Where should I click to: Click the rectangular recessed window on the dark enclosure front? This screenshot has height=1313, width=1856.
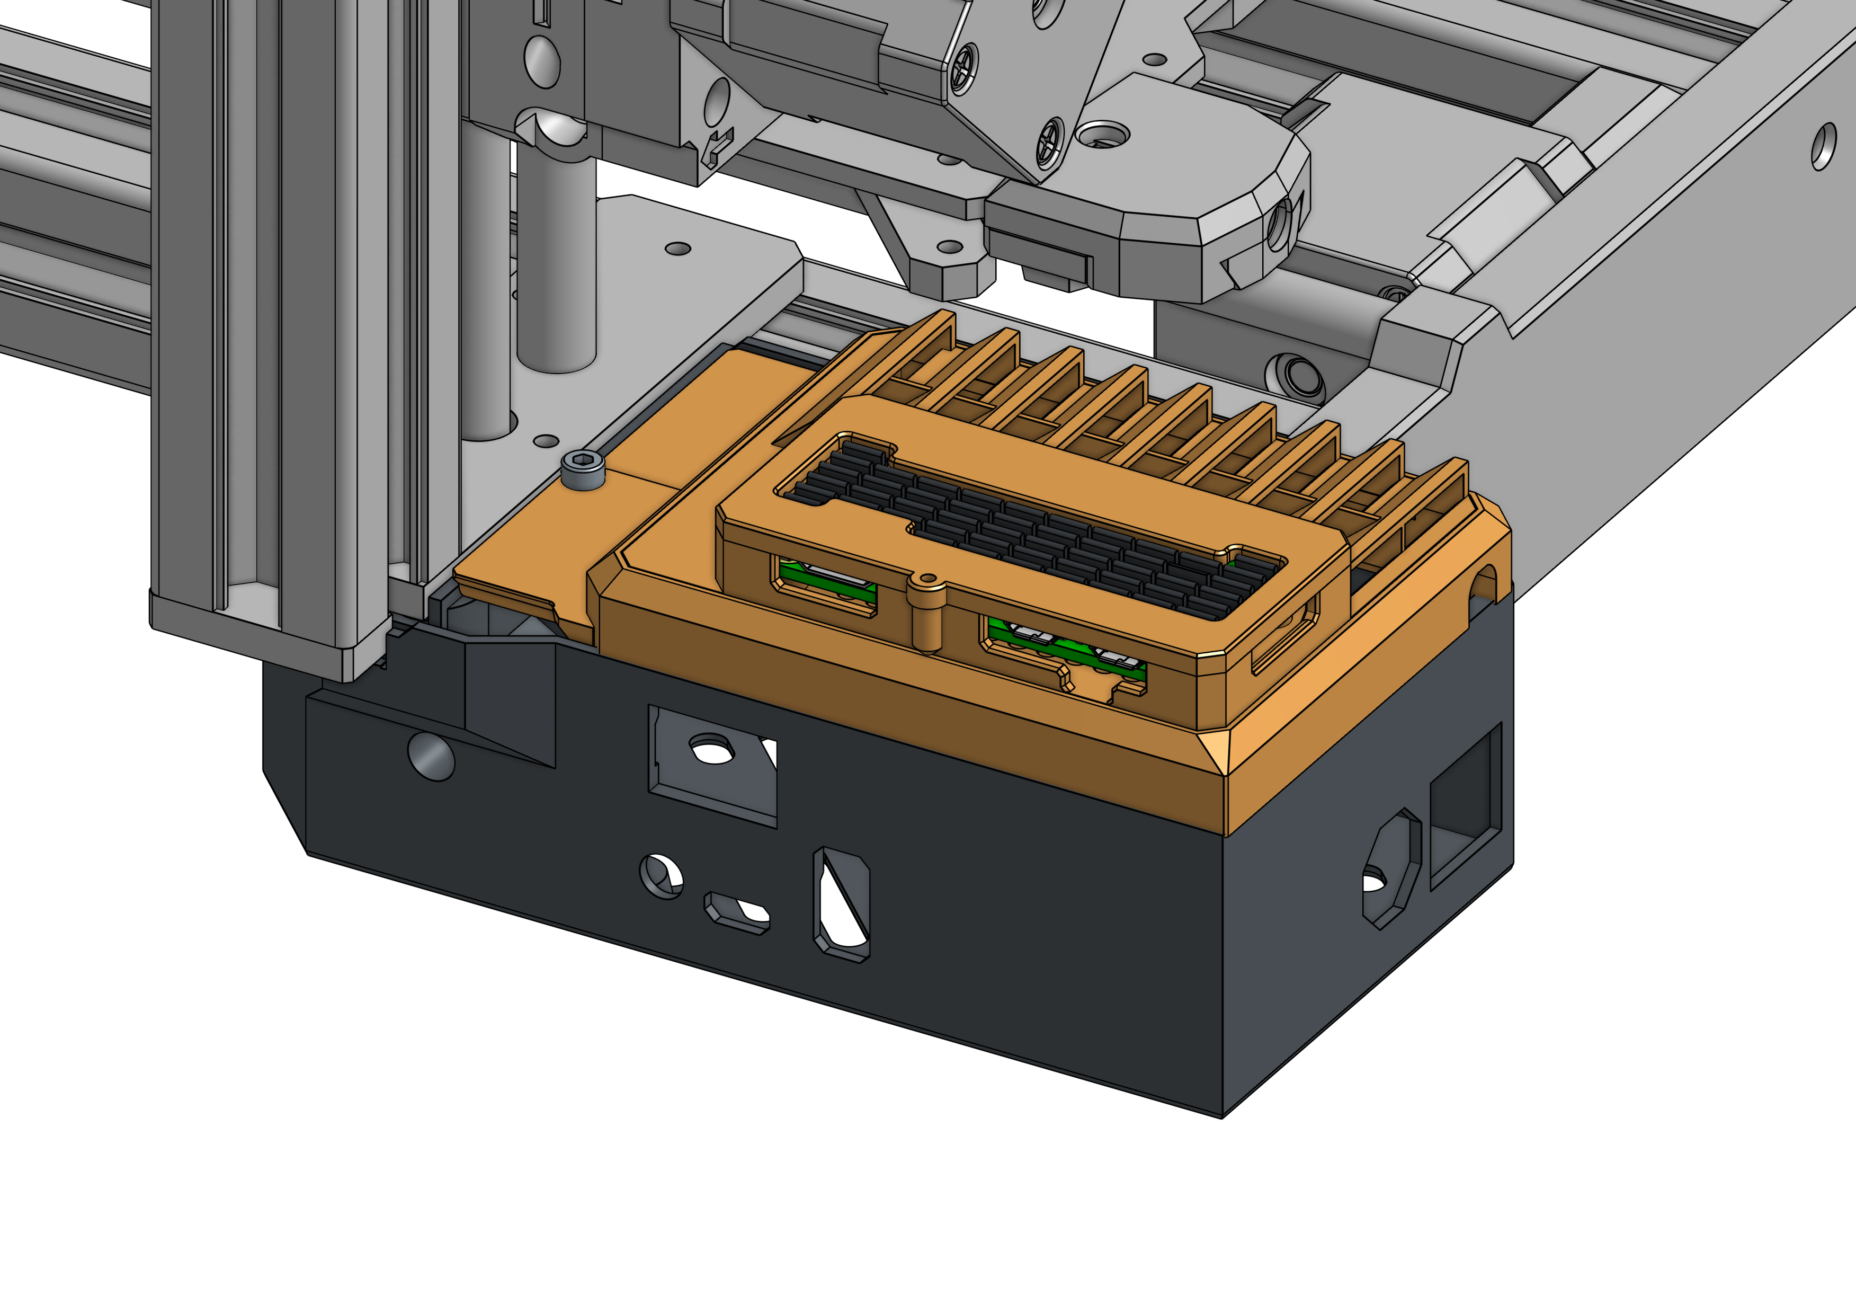click(x=711, y=764)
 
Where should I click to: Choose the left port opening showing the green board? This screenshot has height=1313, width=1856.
click(x=826, y=584)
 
